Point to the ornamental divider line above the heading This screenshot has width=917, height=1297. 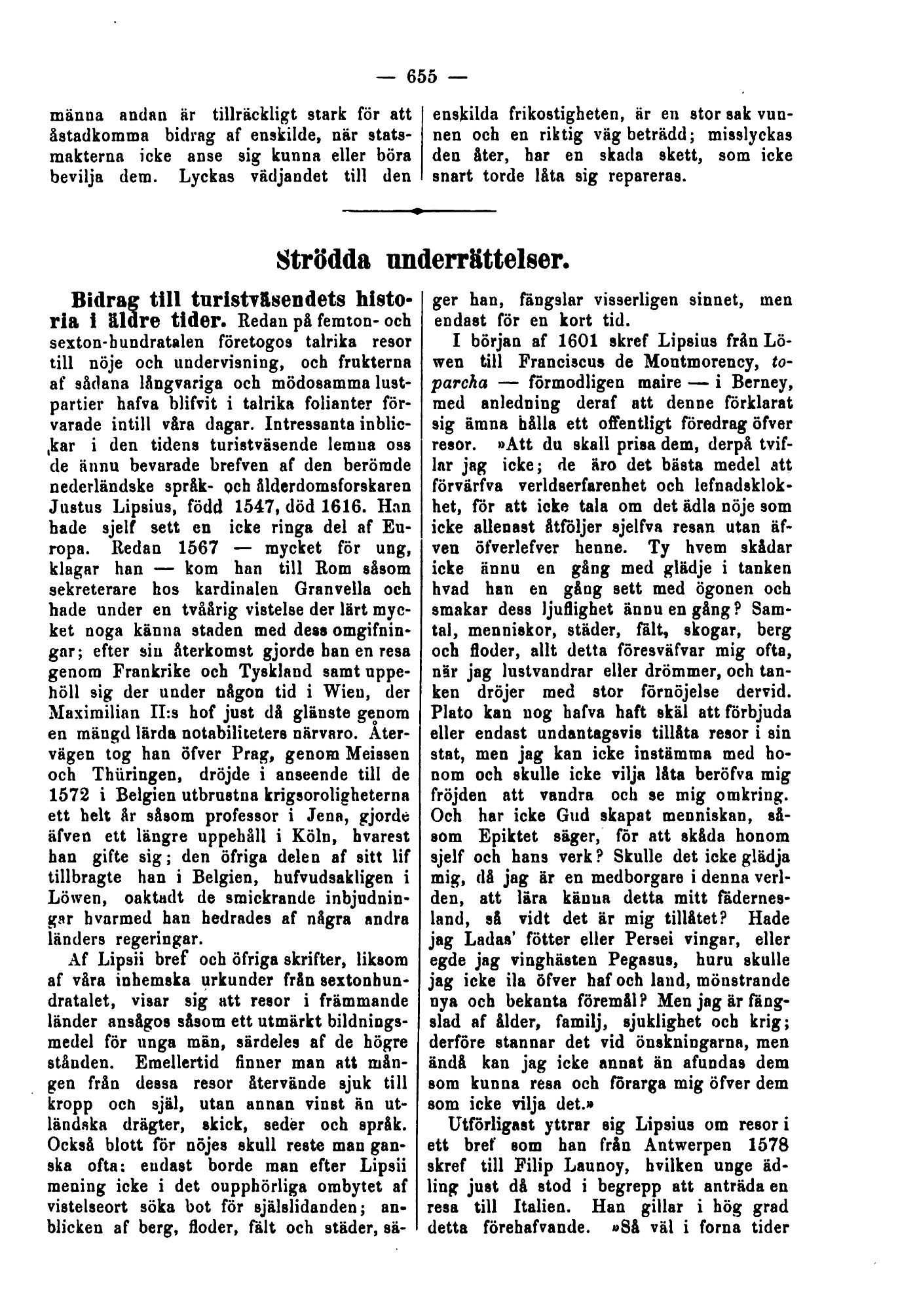click(419, 210)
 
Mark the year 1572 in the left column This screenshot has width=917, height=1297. click(67, 794)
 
